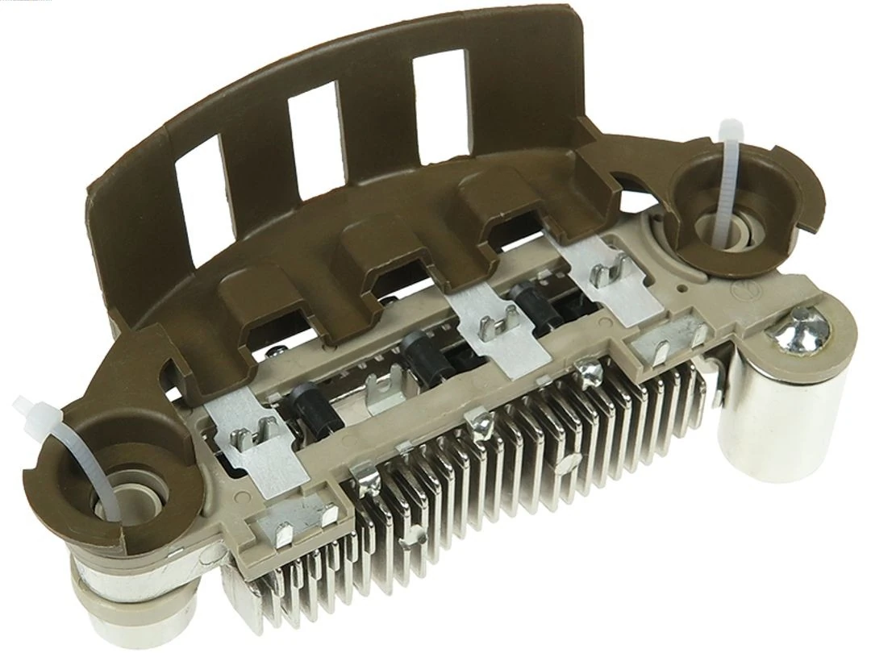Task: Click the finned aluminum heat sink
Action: [x=484, y=492]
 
